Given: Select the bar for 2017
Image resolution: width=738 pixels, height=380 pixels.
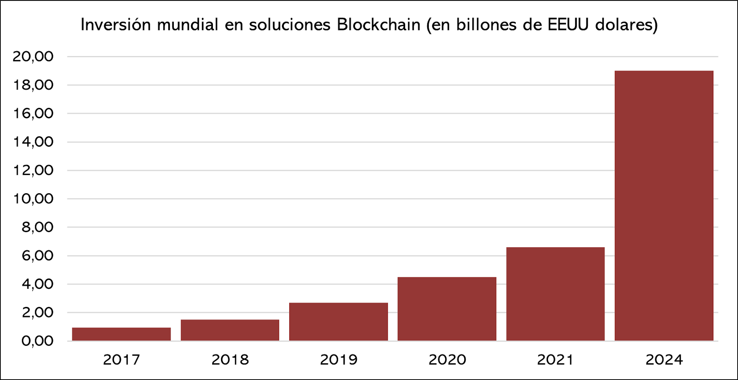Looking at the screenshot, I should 121,334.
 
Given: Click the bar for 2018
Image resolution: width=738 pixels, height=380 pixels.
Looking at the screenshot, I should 230,330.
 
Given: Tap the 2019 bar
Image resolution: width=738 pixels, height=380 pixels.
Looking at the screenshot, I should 338,321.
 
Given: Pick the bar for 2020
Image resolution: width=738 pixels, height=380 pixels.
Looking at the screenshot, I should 447,308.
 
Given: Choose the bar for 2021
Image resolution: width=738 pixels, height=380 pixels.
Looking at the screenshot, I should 555,294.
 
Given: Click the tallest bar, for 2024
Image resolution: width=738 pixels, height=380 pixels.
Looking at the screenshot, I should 664,205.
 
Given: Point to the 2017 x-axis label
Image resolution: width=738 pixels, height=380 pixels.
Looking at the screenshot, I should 121,360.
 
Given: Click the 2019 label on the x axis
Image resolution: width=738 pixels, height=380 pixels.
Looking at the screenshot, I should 338,360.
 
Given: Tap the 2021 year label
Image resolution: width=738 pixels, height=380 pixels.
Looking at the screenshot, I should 555,360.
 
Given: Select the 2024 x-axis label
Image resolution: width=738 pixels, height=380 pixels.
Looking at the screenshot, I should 664,360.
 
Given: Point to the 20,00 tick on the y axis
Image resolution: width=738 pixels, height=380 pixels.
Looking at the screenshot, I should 33,56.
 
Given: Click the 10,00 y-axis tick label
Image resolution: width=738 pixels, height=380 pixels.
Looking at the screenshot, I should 33,199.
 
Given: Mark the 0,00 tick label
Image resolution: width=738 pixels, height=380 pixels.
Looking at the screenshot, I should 37,341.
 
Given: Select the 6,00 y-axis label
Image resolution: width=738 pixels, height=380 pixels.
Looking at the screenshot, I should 37,256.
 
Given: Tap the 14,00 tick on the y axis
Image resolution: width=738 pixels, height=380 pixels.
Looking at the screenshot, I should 33,142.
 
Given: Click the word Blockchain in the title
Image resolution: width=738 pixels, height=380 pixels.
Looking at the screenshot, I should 379,25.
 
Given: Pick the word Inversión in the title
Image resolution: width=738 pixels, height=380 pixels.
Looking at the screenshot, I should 116,25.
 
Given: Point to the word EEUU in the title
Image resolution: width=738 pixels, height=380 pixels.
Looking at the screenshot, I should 568,25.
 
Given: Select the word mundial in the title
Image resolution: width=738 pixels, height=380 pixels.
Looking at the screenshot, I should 188,25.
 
